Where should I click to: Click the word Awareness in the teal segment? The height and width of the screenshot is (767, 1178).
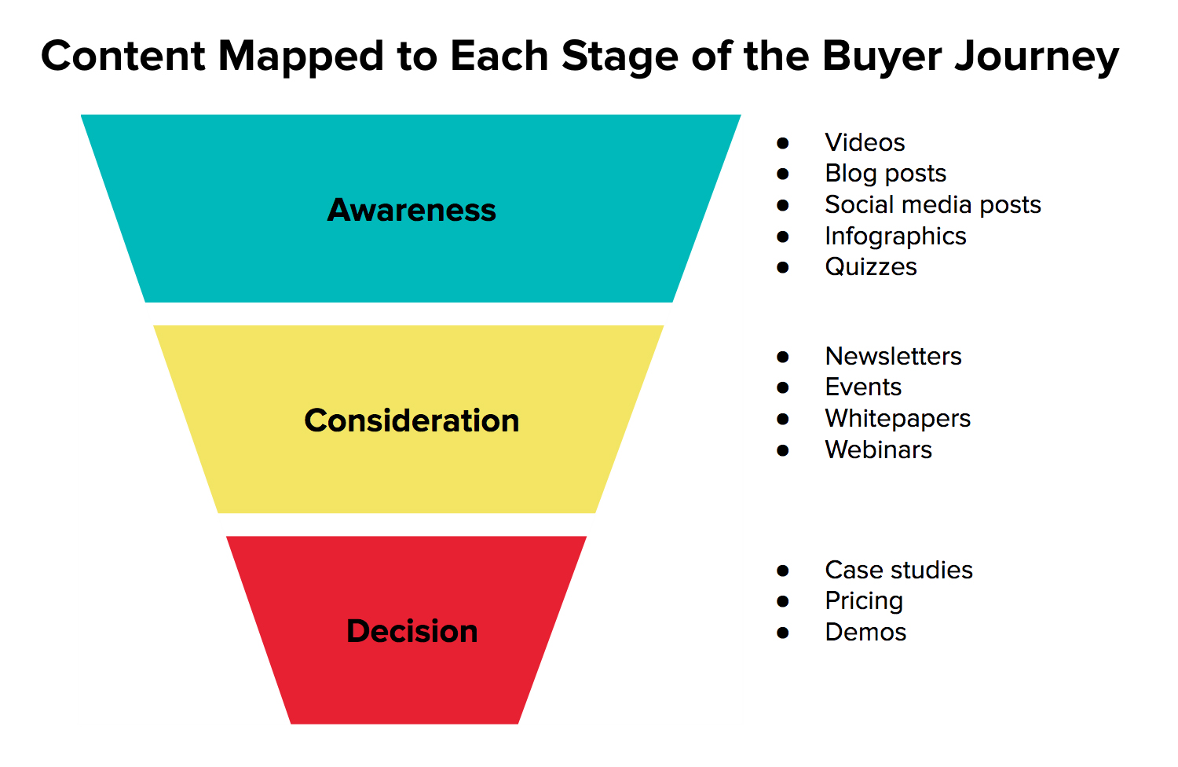412,210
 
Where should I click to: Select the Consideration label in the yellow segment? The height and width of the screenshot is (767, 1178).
412,420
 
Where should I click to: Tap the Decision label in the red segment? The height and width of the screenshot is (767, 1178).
412,631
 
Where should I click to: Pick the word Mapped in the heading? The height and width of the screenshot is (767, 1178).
301,57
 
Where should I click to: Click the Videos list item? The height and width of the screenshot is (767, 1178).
865,142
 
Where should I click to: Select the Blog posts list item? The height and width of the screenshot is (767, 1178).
886,174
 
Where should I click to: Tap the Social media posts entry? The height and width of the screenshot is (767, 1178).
933,205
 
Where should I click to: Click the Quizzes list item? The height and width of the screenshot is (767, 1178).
871,267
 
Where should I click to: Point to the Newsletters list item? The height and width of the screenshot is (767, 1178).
894,357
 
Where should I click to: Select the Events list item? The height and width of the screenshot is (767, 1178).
864,387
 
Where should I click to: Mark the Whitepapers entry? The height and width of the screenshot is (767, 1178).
898,419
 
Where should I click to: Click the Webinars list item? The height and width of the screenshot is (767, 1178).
878,450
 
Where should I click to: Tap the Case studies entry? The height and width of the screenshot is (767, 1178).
898,570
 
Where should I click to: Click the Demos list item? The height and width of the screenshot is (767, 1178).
865,633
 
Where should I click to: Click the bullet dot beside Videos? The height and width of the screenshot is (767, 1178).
782,143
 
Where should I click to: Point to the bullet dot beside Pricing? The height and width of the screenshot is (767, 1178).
782,602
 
